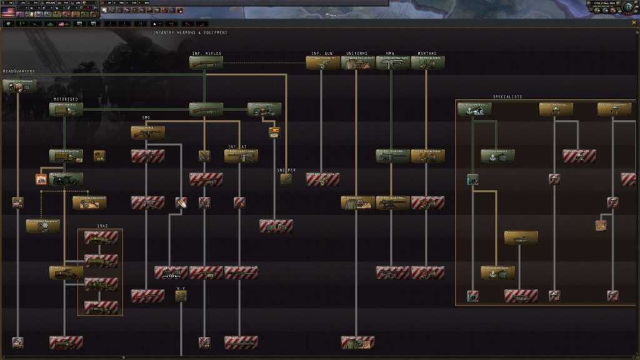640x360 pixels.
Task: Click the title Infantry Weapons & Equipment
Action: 190,32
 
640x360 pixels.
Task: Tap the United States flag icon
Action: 8,12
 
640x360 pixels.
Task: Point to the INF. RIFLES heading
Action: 206,53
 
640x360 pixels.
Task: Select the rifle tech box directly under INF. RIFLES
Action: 206,62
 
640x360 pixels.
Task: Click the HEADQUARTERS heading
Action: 19,71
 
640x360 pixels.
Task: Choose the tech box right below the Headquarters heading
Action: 19,86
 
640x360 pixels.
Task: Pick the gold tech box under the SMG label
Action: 148,132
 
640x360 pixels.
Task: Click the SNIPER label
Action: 286,170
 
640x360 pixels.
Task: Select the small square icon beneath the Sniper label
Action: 286,179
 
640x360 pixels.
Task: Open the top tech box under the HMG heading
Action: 392,62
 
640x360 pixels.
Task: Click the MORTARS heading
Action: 427,53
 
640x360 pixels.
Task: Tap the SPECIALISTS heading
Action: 507,97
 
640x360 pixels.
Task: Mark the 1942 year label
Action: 102,226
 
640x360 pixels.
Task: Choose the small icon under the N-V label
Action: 181,296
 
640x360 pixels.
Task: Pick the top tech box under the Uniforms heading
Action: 357,62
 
